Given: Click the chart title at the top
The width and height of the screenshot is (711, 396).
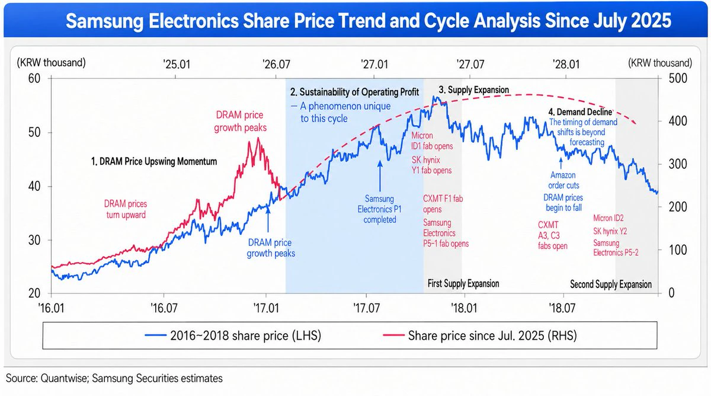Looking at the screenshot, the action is pos(368,21).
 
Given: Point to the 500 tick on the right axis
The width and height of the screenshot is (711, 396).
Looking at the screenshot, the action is pos(678,78).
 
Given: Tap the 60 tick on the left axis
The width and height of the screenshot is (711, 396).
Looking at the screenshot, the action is pos(34,78).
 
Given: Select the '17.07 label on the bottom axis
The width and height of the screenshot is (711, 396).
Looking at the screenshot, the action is pos(366,308).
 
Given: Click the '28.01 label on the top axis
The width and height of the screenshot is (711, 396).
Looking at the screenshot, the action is pos(566,64).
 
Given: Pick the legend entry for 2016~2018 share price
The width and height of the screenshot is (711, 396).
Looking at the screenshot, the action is pos(233,336).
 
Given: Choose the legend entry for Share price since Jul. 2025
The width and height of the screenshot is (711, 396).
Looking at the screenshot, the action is pos(479,336).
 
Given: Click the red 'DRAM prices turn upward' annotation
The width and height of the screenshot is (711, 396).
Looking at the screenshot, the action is pos(126,209).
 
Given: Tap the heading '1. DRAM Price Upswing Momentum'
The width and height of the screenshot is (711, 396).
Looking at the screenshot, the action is pos(154,162).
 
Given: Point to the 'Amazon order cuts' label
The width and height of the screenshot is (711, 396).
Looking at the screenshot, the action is pos(563,180).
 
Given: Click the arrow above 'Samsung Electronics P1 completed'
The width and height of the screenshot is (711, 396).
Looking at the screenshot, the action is pos(380,176).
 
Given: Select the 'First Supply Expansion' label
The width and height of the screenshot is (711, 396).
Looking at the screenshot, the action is pos(463,283).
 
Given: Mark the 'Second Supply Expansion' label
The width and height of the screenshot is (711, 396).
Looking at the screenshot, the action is pos(611,284).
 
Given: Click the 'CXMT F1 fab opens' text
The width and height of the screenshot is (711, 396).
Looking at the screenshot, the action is pos(443,204).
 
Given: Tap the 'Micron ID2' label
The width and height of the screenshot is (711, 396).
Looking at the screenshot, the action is pos(608,218).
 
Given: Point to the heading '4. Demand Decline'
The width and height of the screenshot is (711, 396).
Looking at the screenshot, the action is pos(580,112).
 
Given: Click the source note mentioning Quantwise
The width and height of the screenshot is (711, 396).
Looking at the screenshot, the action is pos(114,378).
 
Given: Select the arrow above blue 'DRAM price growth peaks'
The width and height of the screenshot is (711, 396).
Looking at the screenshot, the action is pos(268,219).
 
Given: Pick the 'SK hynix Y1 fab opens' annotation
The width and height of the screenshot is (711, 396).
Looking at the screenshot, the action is pos(431,165).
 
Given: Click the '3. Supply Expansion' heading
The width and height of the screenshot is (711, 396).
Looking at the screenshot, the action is pos(474,90).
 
